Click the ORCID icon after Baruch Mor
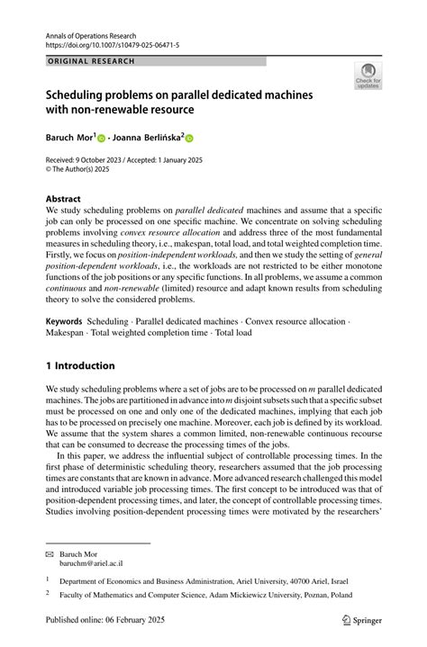click(102, 139)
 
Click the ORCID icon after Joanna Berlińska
click(190, 139)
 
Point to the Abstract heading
click(63, 198)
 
